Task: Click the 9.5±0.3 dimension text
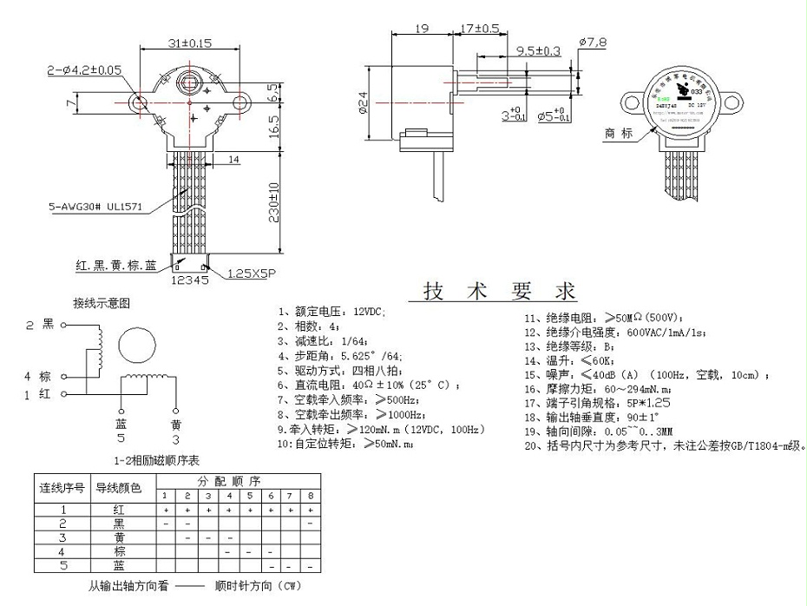[537, 51]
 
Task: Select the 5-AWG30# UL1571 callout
[95, 208]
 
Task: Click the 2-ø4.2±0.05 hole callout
[85, 69]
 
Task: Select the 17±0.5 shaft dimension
[479, 29]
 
